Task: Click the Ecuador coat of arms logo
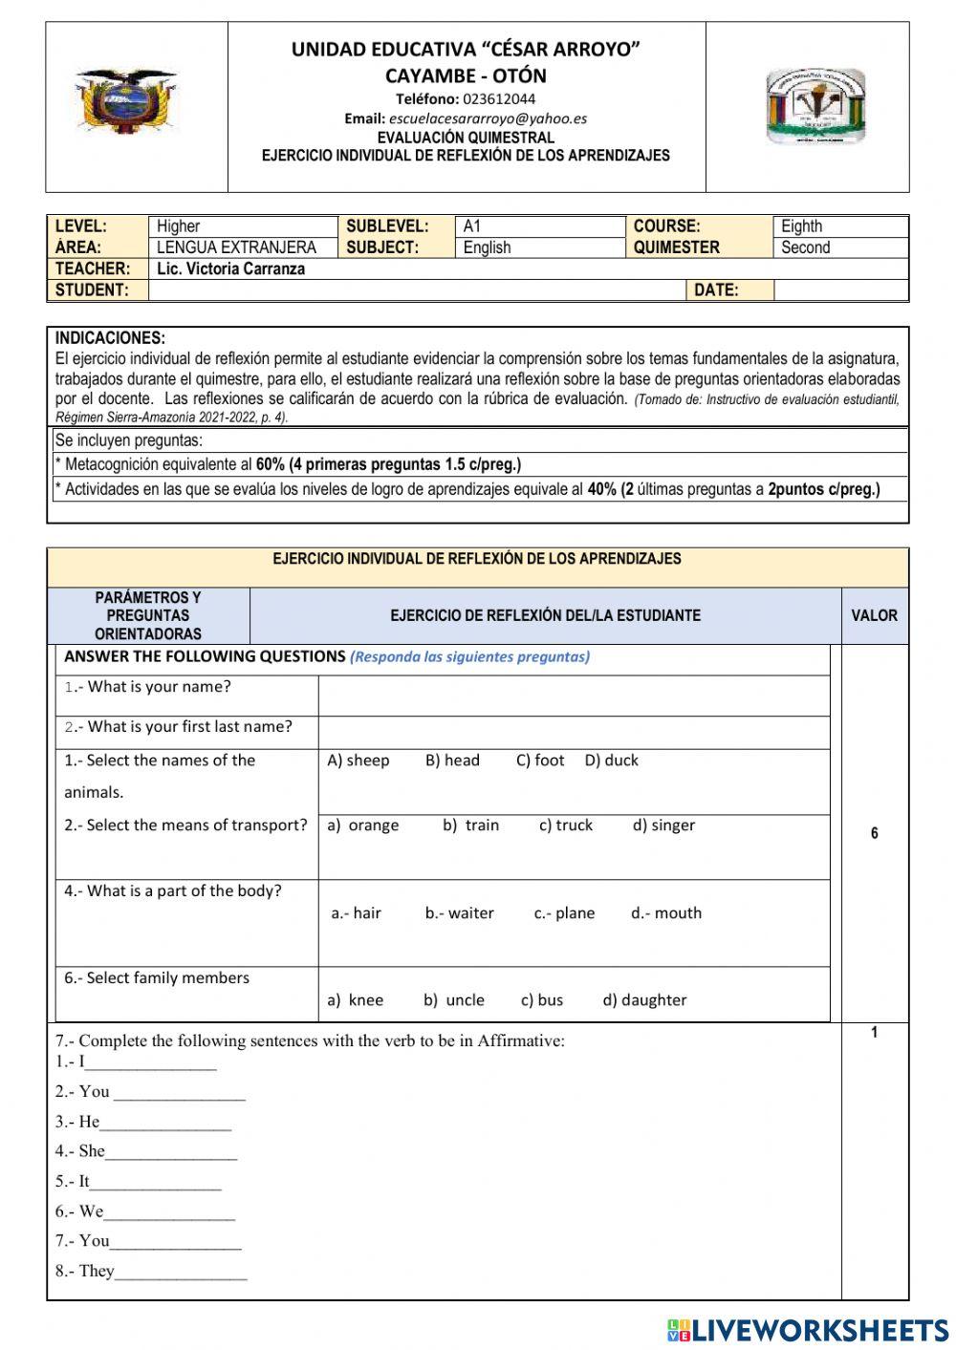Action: coord(126,101)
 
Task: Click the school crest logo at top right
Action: coord(815,106)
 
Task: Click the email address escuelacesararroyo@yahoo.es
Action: coord(488,118)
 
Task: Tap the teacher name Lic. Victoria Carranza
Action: coord(230,268)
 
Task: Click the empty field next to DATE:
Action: coord(839,290)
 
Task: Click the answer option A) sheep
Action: coord(358,761)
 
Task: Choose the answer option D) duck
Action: coord(611,761)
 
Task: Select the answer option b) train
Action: coord(470,825)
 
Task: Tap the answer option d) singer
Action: coord(663,825)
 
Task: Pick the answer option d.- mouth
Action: coord(665,913)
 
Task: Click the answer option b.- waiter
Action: coord(459,913)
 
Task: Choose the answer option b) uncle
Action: coord(454,1000)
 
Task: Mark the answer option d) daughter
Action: coord(644,1000)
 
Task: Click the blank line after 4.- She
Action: coord(171,1153)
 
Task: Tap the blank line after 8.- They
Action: coord(181,1273)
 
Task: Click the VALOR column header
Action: coord(874,615)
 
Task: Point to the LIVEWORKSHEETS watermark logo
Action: coord(808,1329)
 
